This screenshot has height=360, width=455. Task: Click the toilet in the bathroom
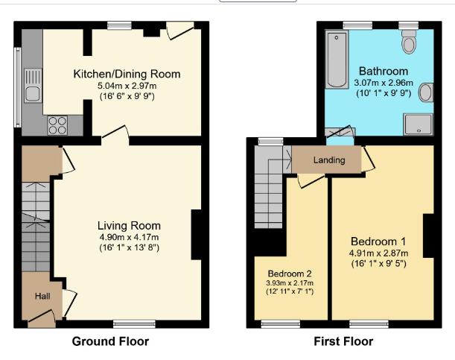click(x=408, y=44)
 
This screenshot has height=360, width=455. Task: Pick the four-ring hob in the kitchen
click(x=57, y=125)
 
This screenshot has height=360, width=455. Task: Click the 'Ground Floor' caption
click(x=110, y=341)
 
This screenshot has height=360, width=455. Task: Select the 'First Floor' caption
click(x=344, y=341)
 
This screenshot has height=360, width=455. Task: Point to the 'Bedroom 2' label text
click(x=291, y=272)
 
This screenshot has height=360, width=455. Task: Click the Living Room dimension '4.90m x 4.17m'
click(x=129, y=237)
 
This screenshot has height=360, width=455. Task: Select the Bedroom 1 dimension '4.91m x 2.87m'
click(x=378, y=253)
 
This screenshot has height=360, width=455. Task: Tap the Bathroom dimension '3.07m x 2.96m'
click(x=377, y=82)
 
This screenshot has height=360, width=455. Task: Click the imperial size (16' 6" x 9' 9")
click(x=127, y=96)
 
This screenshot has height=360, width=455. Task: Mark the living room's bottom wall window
click(x=134, y=323)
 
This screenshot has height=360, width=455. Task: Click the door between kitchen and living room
click(x=115, y=134)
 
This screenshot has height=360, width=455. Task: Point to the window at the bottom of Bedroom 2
click(x=280, y=323)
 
